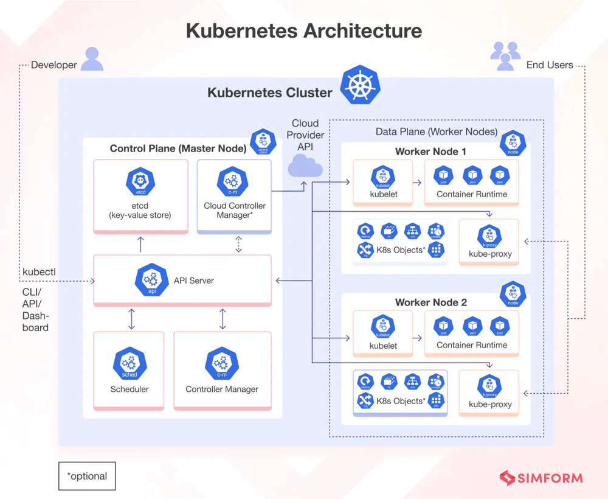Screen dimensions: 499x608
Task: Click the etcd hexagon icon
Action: [141, 181]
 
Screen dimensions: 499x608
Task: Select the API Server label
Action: [194, 281]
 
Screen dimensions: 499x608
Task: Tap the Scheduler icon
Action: [130, 364]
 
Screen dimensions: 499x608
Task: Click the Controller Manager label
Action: [222, 389]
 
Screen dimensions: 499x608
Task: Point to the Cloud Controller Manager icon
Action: [232, 181]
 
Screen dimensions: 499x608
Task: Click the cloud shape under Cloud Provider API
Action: [305, 166]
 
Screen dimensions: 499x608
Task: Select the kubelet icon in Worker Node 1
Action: [383, 176]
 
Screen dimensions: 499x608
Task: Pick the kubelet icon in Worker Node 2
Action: [383, 327]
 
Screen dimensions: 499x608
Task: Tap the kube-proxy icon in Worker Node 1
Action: [489, 236]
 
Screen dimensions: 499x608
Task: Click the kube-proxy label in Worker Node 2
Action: [490, 404]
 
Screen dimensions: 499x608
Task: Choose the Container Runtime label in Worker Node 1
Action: [472, 194]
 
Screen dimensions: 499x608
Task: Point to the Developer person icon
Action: [92, 59]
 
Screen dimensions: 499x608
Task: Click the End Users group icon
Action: [505, 55]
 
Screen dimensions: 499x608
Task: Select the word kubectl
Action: [39, 271]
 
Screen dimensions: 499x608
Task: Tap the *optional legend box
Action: [87, 476]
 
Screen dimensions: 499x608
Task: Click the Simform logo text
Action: [550, 478]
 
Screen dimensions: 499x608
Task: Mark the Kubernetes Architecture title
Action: [303, 30]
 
